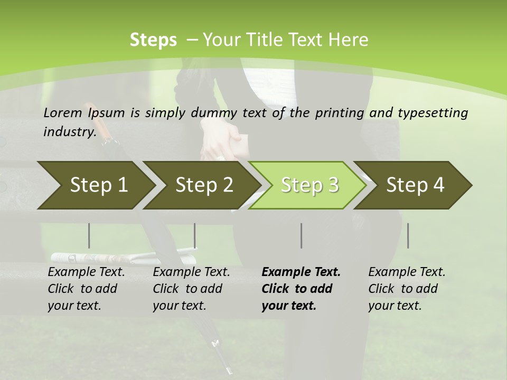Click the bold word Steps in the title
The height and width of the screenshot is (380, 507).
pos(153,40)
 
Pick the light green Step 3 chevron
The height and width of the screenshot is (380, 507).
pos(309,185)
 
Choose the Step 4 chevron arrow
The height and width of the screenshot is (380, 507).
pos(415,185)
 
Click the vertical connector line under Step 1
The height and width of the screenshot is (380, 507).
pos(89,235)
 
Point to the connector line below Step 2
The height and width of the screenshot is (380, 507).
pos(195,235)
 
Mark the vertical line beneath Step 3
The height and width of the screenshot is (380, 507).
pos(302,235)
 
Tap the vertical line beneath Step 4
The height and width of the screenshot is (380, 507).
pos(408,235)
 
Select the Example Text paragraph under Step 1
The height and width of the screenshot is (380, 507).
pos(86,289)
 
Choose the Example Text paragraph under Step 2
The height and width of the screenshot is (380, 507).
pos(191,289)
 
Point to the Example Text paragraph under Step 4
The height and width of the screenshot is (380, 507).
pos(407,289)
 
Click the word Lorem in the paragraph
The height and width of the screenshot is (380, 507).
pos(63,112)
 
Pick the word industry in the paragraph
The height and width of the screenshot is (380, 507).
pos(69,131)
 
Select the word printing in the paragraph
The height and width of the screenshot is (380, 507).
pos(340,113)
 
